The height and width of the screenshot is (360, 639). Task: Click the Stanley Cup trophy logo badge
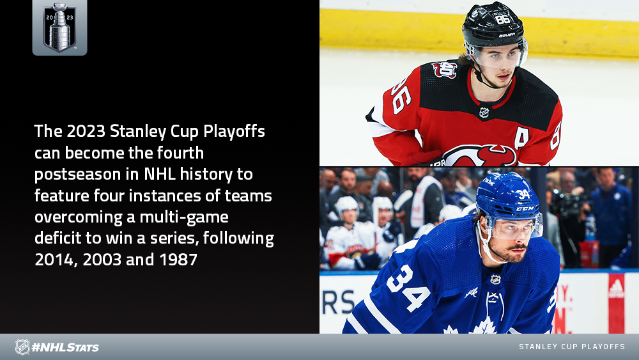59,27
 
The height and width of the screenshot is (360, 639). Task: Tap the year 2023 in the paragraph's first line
85,131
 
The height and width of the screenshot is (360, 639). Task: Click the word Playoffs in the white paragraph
234,132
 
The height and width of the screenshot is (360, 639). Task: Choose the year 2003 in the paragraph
102,260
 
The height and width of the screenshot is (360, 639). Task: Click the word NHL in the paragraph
159,174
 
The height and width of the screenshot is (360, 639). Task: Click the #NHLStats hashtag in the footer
65,347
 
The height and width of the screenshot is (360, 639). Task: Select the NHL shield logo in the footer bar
22,347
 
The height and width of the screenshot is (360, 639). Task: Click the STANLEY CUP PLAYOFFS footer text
572,347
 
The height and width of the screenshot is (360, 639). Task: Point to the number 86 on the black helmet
502,19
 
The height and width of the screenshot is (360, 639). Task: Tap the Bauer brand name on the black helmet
507,35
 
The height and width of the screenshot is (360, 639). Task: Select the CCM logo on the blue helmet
525,208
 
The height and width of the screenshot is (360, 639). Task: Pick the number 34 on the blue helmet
523,194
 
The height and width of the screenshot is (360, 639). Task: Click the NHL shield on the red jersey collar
484,113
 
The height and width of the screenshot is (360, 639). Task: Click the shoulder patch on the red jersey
445,69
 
